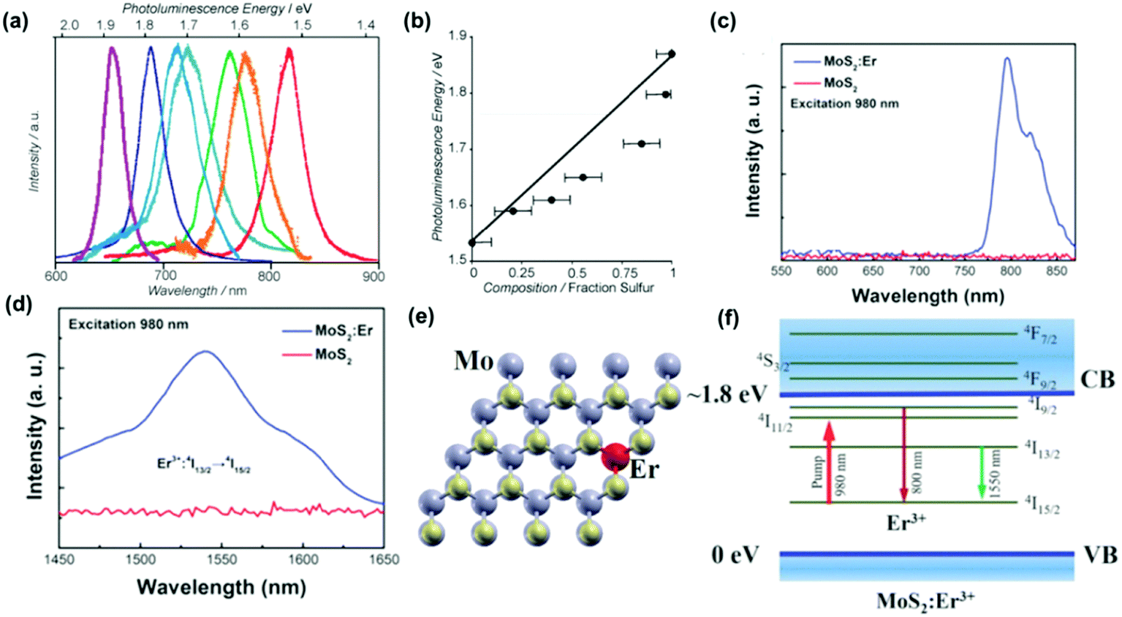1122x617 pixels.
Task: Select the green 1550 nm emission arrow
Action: (982, 472)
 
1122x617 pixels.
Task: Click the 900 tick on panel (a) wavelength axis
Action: (374, 276)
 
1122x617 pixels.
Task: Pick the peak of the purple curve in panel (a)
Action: (112, 50)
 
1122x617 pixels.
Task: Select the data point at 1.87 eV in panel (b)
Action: (672, 53)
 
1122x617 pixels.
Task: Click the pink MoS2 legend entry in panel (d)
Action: (333, 355)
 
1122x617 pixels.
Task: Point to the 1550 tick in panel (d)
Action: (221, 559)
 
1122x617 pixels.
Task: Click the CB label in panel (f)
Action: (1097, 379)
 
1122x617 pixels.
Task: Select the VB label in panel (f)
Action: (1099, 555)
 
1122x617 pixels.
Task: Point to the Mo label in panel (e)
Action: (474, 360)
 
